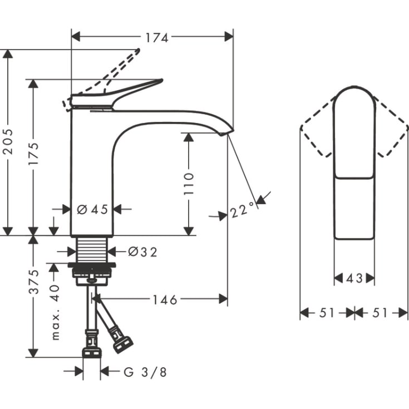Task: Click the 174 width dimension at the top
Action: [x=157, y=37]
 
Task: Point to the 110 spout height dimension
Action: [x=189, y=183]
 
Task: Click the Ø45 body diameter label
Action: [x=92, y=210]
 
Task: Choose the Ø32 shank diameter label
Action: [x=142, y=252]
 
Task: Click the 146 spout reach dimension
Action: [x=165, y=300]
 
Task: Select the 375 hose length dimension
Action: [x=33, y=282]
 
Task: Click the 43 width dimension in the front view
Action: [x=354, y=278]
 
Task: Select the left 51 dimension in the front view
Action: [x=327, y=313]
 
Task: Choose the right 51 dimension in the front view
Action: [x=381, y=313]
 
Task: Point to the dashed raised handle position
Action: [x=120, y=67]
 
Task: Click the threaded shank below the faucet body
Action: [x=92, y=249]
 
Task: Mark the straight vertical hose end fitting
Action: [x=91, y=345]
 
